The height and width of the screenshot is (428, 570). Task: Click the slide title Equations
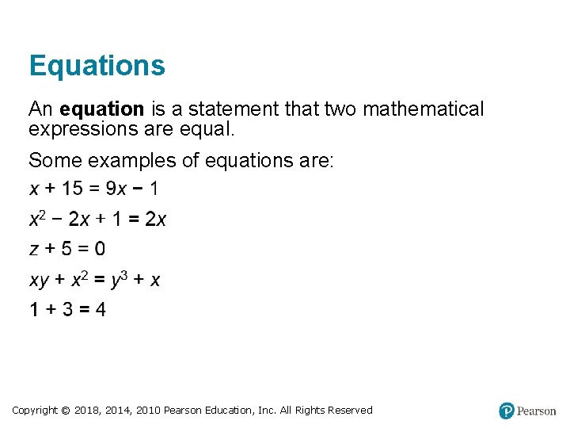(x=97, y=66)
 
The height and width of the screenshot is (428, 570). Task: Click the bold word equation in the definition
(x=101, y=109)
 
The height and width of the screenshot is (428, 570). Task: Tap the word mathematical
(x=423, y=109)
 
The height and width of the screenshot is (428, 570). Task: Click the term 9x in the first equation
(x=116, y=189)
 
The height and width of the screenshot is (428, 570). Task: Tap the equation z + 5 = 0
(x=67, y=249)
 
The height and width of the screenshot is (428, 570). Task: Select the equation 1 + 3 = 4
(x=67, y=309)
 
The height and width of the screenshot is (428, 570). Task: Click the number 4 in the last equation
(x=100, y=309)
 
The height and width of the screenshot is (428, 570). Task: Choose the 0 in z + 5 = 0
(x=99, y=249)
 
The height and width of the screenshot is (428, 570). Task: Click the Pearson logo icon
(x=507, y=411)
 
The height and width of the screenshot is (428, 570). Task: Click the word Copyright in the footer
(x=35, y=411)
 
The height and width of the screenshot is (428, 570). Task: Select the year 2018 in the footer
(x=87, y=411)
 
